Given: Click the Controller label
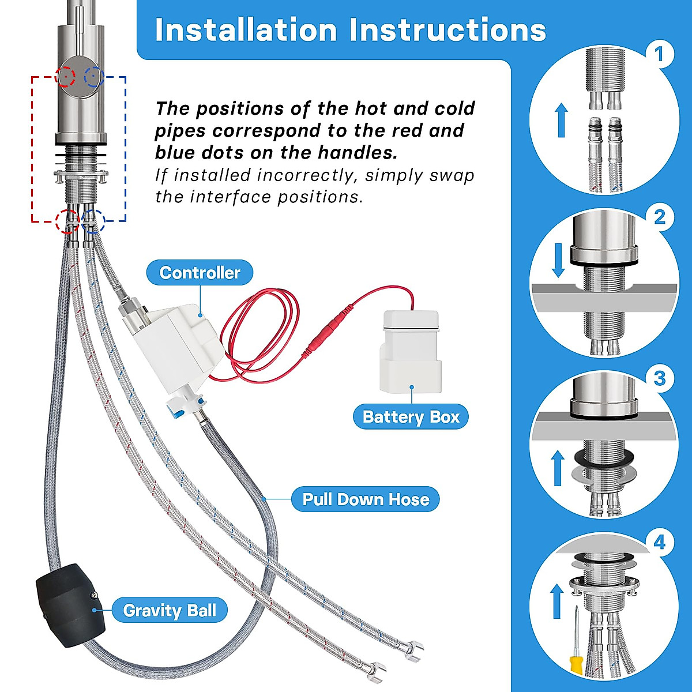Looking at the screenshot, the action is point(200,273).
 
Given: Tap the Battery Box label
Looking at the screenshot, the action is point(411,417).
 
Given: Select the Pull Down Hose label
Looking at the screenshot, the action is point(366,499).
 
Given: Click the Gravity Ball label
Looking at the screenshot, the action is point(170,610).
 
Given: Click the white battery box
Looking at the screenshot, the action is point(411,352).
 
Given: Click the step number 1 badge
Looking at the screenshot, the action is point(659,54).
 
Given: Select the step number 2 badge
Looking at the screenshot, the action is point(659,217).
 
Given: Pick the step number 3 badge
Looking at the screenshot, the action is point(659,378).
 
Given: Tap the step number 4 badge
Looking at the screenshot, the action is point(659,542).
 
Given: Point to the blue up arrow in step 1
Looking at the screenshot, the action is point(561,120).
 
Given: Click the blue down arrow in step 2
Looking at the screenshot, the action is point(558,260).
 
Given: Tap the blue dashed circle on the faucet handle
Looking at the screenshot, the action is point(94,77).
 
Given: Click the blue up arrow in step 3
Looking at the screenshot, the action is point(558,468).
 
